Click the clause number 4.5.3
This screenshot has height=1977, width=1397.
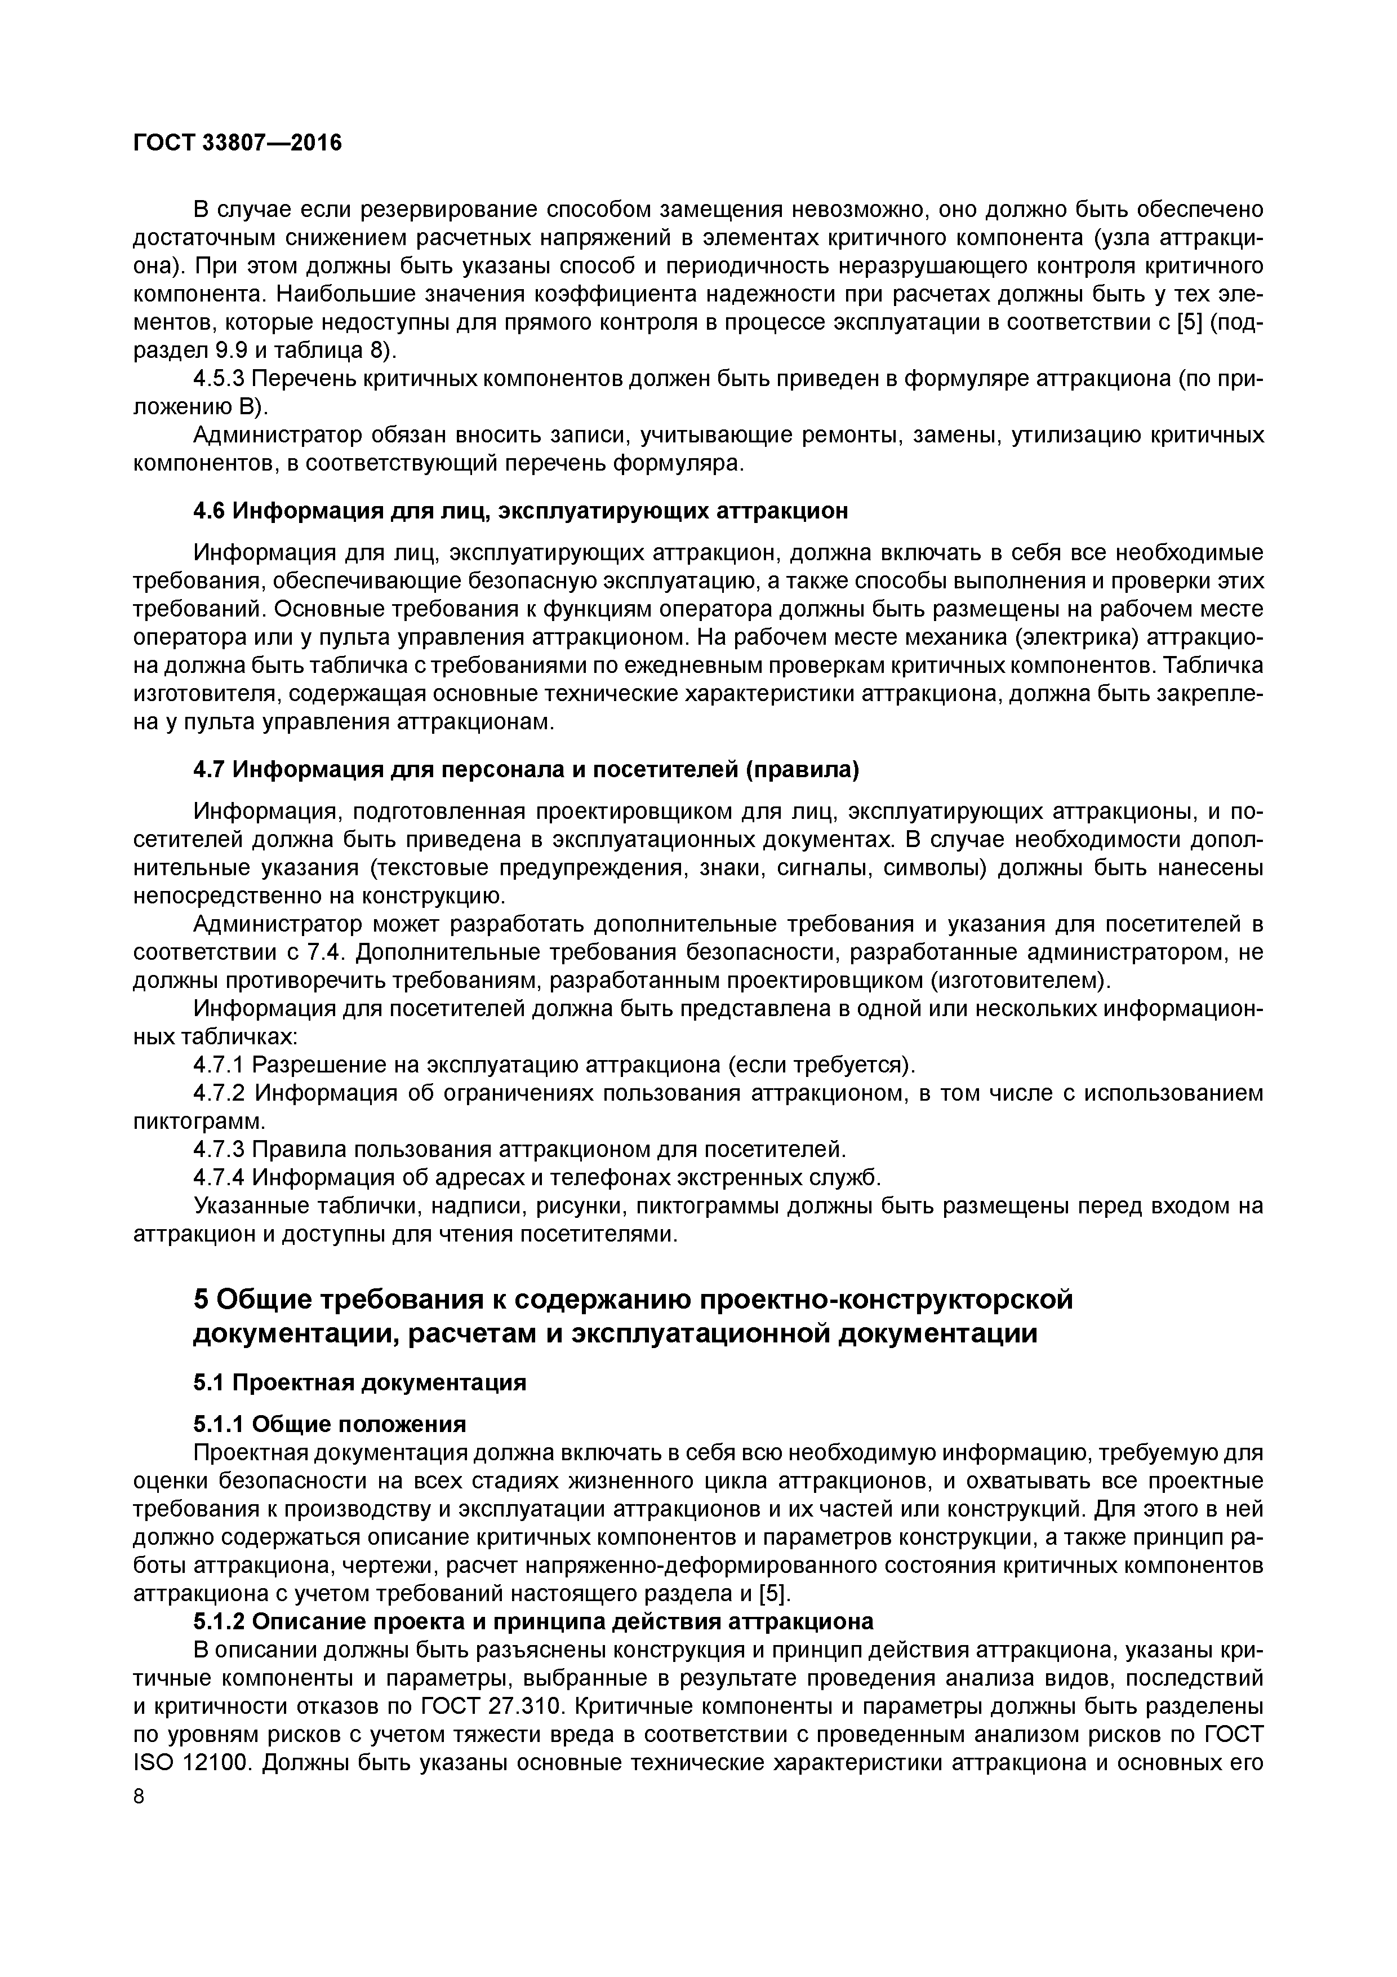tap(220, 378)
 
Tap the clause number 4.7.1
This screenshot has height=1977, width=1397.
tap(220, 1065)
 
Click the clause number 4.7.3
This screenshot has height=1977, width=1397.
tap(220, 1150)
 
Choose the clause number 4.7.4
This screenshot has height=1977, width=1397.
tap(220, 1177)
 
